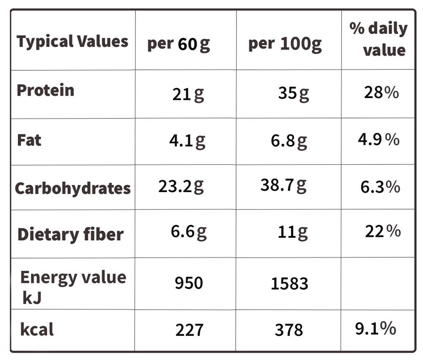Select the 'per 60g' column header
[179, 44]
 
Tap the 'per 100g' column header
[285, 44]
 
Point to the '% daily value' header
[379, 39]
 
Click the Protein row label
[45, 90]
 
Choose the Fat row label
[29, 140]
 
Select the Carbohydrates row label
[73, 188]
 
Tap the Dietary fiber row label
[71, 234]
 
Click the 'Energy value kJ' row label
[73, 287]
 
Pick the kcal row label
[37, 330]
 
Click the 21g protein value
[188, 94]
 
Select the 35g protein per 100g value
[294, 93]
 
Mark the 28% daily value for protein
[381, 92]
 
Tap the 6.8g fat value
[289, 141]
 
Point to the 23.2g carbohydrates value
[181, 187]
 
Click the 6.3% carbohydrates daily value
[380, 187]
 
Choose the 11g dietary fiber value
[293, 232]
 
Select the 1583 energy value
[289, 283]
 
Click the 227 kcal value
[189, 330]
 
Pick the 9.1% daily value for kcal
[376, 328]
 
